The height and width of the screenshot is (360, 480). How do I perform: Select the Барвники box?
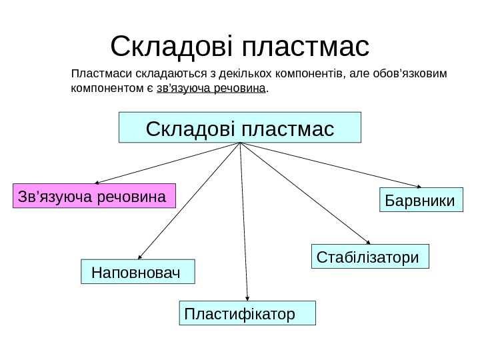click(x=421, y=200)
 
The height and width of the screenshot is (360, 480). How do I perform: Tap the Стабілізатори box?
click(x=370, y=257)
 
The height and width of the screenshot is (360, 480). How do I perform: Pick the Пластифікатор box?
click(x=247, y=313)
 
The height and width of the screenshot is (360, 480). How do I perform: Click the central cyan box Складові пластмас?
click(x=239, y=127)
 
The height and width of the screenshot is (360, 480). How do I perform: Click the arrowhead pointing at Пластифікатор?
click(x=247, y=299)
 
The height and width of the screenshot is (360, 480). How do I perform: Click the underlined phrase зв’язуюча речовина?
click(x=211, y=88)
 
